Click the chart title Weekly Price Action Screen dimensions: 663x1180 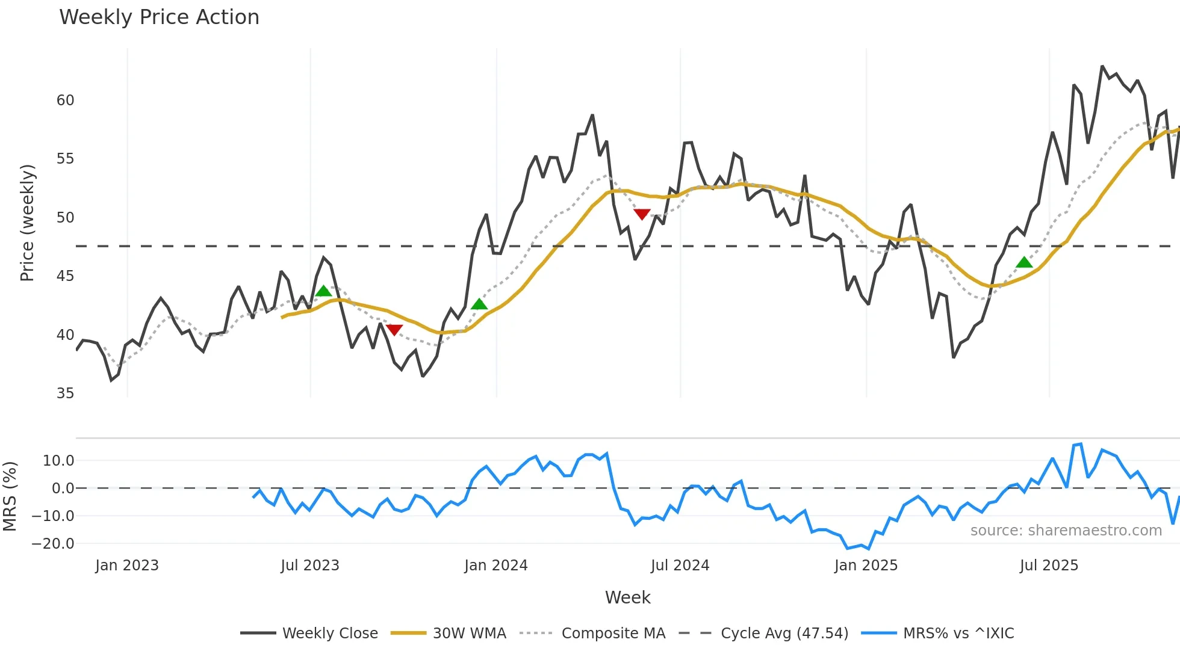[x=159, y=17]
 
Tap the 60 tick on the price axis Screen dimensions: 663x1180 [x=65, y=100]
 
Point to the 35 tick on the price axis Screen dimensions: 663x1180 [x=65, y=393]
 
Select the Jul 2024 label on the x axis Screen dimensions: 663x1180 [x=680, y=566]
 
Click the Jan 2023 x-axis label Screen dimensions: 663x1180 [x=127, y=566]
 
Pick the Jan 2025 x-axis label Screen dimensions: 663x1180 [x=866, y=566]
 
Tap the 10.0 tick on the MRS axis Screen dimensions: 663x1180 [x=58, y=461]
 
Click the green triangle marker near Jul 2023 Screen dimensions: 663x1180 [x=323, y=291]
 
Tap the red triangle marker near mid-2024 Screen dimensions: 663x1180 [x=642, y=214]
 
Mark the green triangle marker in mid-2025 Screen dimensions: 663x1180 [x=1024, y=262]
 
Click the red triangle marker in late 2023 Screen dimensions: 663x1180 [x=394, y=330]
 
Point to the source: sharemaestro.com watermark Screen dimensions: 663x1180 [x=1066, y=531]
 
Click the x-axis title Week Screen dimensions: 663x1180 [x=627, y=597]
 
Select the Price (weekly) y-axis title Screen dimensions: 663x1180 [x=28, y=223]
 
